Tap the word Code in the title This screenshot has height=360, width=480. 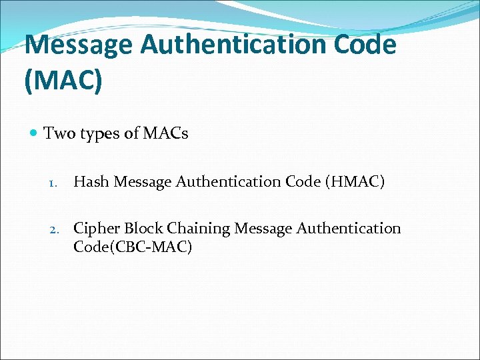[364, 45]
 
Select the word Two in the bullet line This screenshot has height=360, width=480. [57, 134]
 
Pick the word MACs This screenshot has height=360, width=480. [165, 134]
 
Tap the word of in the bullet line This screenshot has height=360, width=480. [131, 134]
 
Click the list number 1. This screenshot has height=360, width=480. [55, 182]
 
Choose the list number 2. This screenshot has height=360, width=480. [55, 229]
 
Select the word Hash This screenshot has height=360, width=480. [91, 181]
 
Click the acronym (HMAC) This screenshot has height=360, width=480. [355, 181]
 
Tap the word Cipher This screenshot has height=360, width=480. [97, 229]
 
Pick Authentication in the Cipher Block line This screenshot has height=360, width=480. [349, 229]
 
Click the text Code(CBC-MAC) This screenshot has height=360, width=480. [133, 247]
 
